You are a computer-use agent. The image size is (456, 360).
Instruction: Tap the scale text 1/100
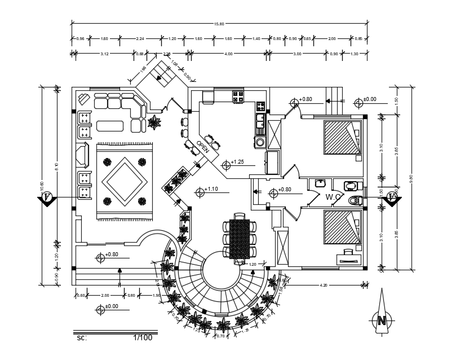click(143, 338)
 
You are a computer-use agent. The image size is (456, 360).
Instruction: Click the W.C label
click(333, 197)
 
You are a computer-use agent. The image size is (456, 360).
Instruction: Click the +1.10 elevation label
click(211, 189)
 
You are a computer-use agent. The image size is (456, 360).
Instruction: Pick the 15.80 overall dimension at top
click(219, 24)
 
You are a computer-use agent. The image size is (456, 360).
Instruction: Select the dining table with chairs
click(239, 239)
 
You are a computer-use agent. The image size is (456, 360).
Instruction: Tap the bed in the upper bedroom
click(342, 137)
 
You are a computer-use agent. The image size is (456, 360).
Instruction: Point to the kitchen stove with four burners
click(238, 96)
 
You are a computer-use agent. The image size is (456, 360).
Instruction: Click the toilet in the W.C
click(354, 200)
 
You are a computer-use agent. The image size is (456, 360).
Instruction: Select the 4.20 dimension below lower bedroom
click(324, 286)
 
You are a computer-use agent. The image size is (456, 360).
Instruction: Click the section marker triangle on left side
click(47, 199)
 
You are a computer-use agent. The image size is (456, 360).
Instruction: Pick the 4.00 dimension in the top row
click(228, 54)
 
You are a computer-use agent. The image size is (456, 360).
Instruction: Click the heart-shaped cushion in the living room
click(84, 99)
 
